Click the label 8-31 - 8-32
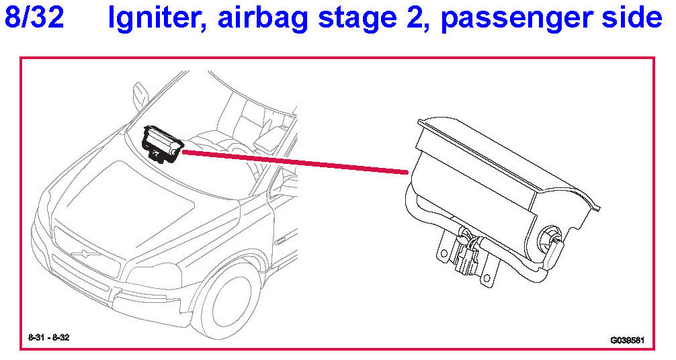48,337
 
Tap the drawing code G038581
627,340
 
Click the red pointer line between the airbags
296,163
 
